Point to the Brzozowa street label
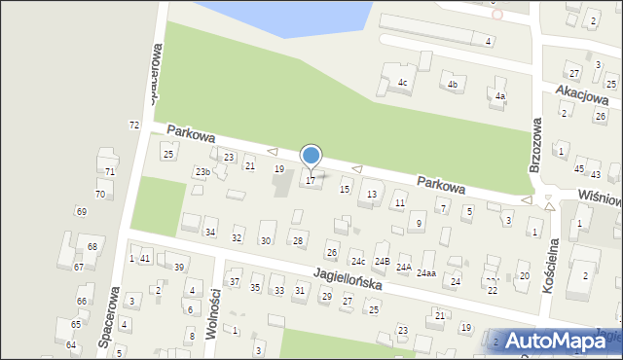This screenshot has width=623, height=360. (x=534, y=146)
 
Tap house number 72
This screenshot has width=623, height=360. (x=134, y=126)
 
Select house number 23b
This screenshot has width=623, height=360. (x=202, y=172)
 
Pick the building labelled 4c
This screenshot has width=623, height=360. (x=401, y=83)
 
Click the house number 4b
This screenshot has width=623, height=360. (x=452, y=85)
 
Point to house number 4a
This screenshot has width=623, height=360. (x=499, y=95)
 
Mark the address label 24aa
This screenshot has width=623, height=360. (x=426, y=273)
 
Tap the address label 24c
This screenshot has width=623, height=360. (x=358, y=261)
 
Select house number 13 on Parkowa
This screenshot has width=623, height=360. (x=371, y=195)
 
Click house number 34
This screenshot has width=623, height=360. (x=209, y=233)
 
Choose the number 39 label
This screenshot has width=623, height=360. (x=178, y=268)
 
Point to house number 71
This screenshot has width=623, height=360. (x=110, y=172)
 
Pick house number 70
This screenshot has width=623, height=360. (x=99, y=195)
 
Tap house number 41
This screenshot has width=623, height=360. (x=145, y=259)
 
